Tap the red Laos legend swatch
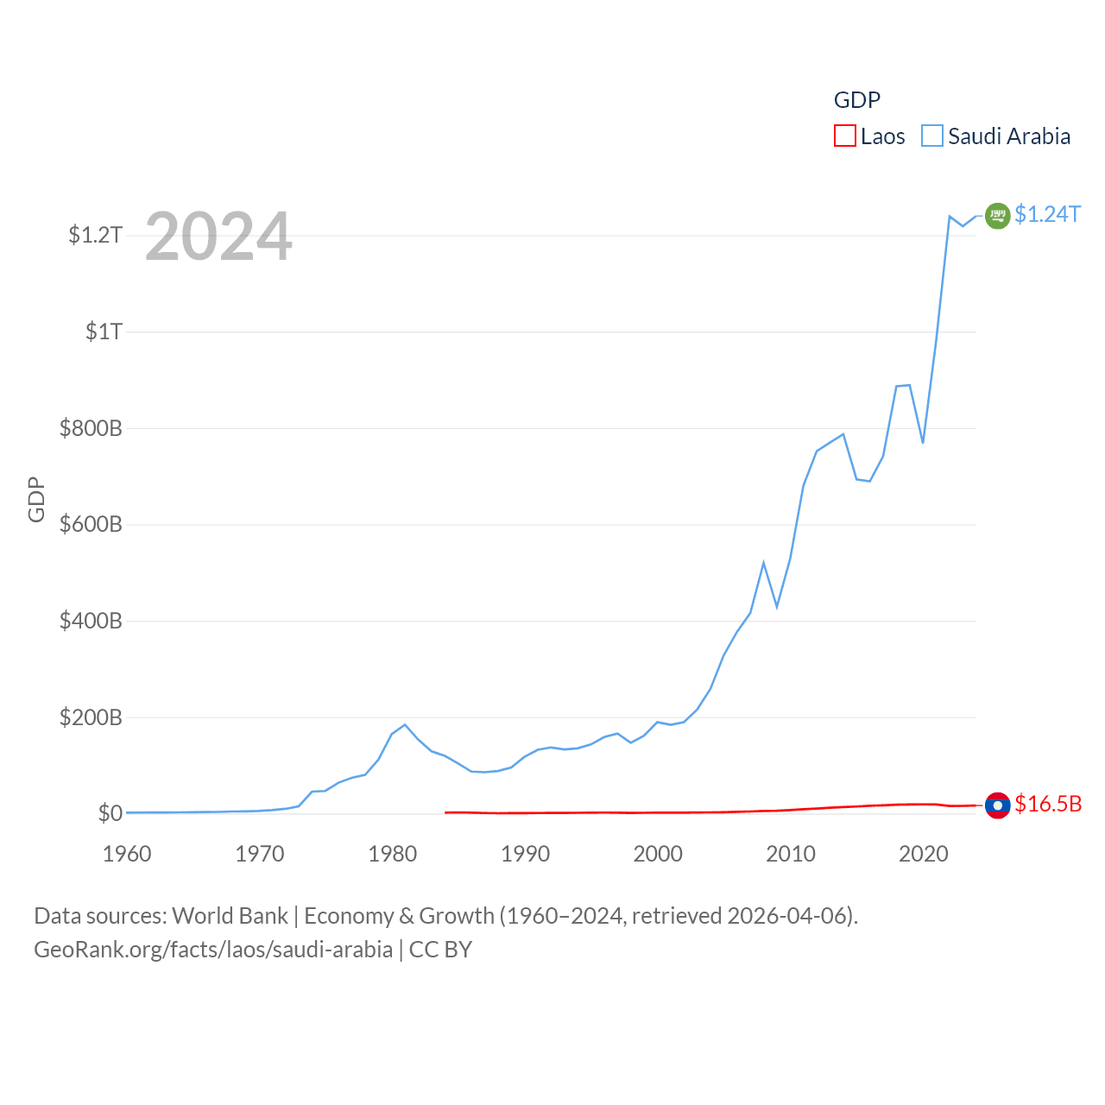click(x=844, y=136)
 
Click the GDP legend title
click(x=856, y=100)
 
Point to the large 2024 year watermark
click(x=218, y=237)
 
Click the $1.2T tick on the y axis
click(x=95, y=235)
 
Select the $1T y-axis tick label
click(x=104, y=331)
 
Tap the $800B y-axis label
click(x=91, y=428)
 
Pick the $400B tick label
click(x=91, y=621)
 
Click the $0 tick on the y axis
click(x=110, y=813)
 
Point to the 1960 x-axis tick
click(x=127, y=854)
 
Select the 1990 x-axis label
click(x=525, y=854)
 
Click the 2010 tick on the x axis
click(x=791, y=854)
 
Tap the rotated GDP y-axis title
click(x=36, y=499)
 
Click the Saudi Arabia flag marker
click(x=997, y=215)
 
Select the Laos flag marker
click(x=997, y=805)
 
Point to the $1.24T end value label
click(x=1047, y=214)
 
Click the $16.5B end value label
click(x=1048, y=804)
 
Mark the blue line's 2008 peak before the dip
click(x=763, y=563)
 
